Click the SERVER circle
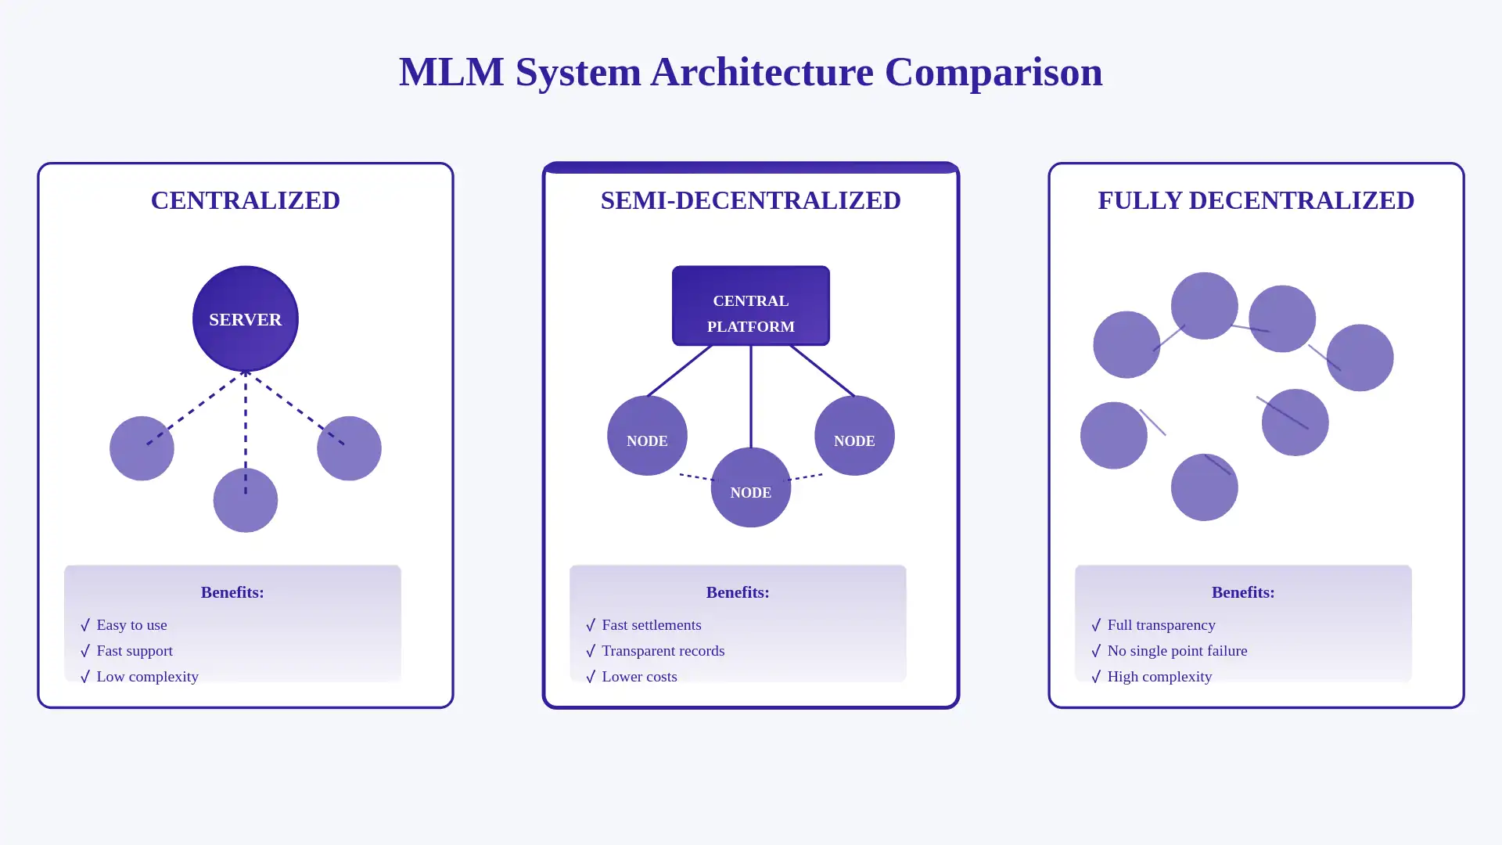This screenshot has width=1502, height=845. pos(245,318)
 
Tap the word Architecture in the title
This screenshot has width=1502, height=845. pos(761,72)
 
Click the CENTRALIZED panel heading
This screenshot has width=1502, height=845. pos(245,200)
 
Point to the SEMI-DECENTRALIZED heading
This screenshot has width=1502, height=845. pos(750,200)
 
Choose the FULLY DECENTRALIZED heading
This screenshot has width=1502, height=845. pos(1256,200)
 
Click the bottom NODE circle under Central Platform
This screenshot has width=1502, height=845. pos(750,487)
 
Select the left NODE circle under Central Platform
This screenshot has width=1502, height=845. pos(647,435)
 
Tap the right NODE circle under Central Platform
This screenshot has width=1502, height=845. pos(853,435)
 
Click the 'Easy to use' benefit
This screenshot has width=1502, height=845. pos(131,625)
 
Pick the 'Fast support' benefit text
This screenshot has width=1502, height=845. pos(135,651)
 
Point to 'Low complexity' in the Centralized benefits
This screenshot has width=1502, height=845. pos(147,677)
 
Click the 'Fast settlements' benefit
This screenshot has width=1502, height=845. pos(651,625)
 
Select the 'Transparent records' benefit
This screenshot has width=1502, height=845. pos(663,651)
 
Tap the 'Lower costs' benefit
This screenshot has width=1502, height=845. pos(639,677)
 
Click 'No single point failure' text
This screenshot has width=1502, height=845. pos(1177,651)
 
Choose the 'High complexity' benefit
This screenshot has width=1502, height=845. pos(1159,677)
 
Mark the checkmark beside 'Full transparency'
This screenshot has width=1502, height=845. pos(1096,625)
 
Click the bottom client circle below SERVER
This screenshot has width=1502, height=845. pos(245,501)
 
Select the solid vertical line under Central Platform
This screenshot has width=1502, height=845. pos(751,396)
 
